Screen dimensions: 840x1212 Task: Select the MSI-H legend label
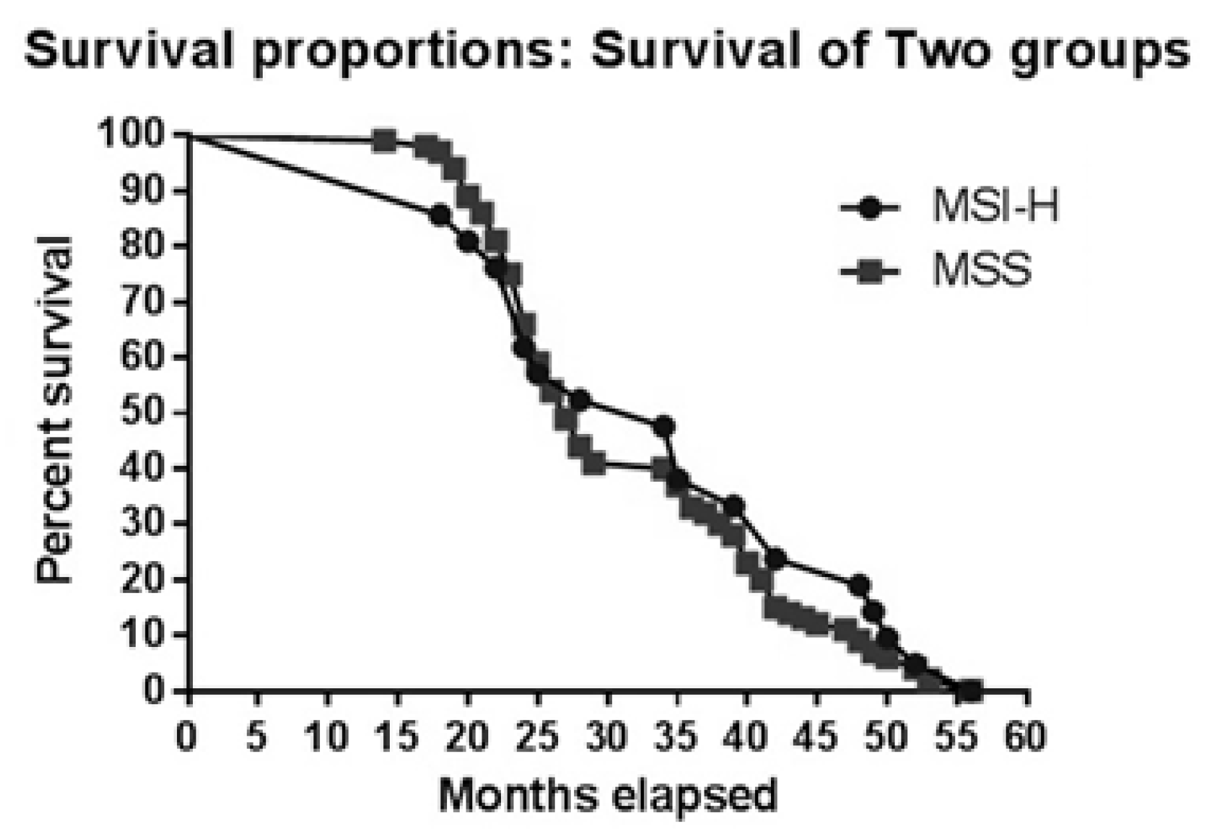[994, 206]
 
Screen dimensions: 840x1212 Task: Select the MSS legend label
[982, 271]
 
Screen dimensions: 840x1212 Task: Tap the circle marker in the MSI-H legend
[870, 207]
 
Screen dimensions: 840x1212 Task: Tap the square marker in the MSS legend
[870, 271]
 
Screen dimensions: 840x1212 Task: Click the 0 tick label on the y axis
[153, 690]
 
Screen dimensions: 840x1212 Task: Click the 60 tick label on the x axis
[1025, 737]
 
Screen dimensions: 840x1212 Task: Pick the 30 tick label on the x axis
[607, 737]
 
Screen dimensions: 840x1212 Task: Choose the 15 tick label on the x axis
[397, 737]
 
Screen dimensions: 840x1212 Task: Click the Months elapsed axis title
[607, 795]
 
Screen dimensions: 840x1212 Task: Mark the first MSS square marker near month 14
[384, 141]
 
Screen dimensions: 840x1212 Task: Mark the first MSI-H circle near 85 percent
[440, 215]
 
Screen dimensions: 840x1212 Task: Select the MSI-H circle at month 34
[663, 426]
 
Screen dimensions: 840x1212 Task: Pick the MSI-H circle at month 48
[859, 585]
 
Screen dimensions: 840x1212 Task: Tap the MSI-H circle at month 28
[579, 399]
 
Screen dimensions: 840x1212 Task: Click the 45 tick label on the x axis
[816, 737]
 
